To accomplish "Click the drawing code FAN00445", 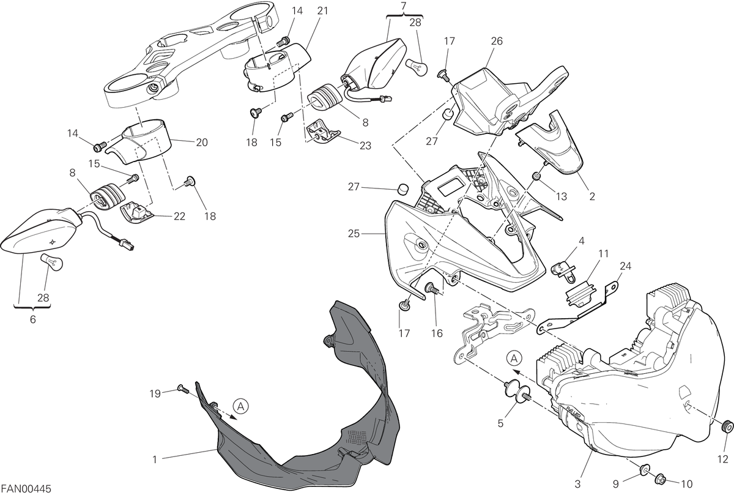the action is [x=26, y=489].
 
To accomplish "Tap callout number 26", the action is [x=497, y=41].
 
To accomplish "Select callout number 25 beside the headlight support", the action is [x=354, y=234].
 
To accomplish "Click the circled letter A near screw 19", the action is [x=241, y=407].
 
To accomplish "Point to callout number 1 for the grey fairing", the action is [x=155, y=460].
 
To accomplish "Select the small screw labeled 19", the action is [x=182, y=389].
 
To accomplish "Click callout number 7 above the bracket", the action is [x=403, y=6].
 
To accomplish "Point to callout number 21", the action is [x=322, y=11].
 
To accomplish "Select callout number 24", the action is [x=625, y=266].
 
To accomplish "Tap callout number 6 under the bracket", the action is [x=32, y=319].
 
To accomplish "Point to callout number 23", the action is [x=365, y=145].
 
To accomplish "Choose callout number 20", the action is [x=202, y=143].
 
